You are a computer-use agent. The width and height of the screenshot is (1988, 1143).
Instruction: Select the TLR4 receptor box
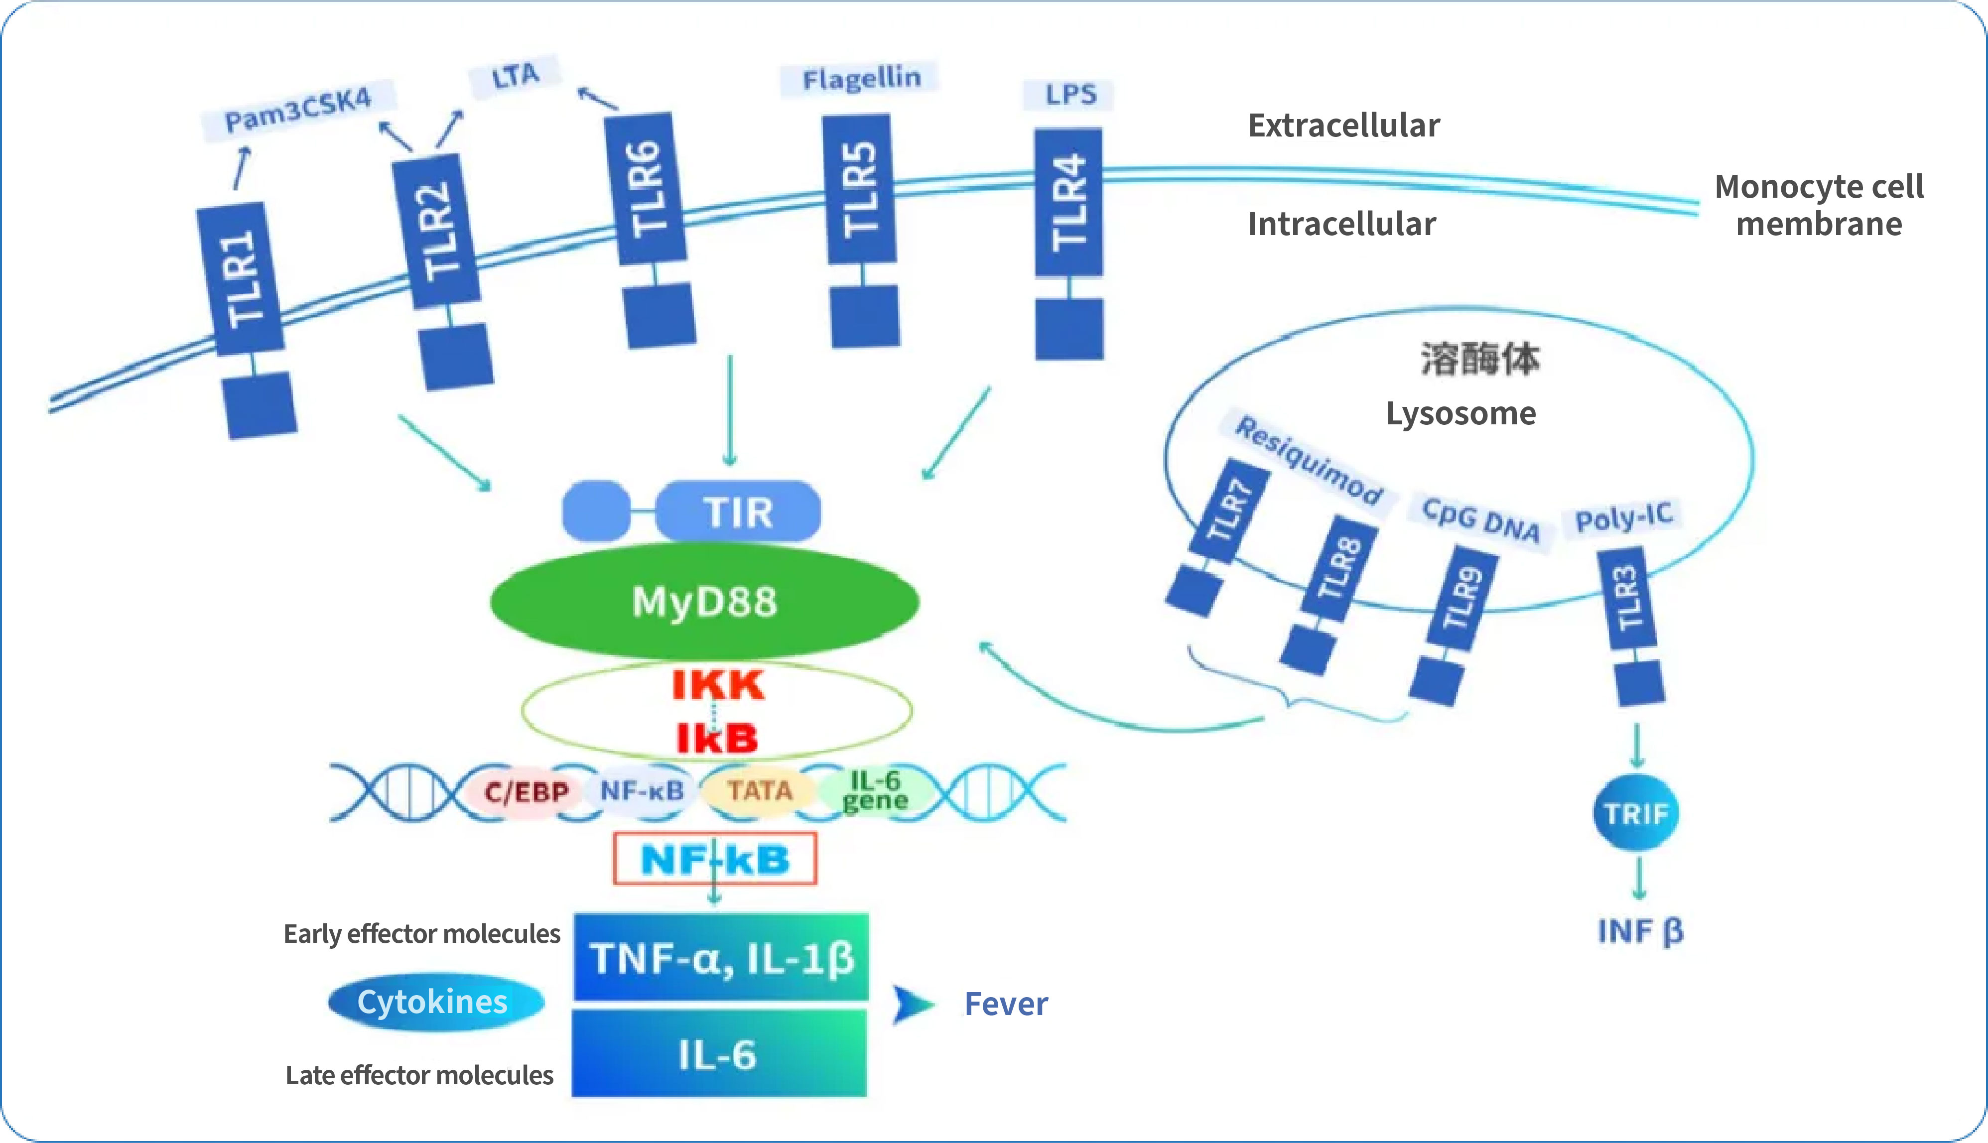tap(1068, 203)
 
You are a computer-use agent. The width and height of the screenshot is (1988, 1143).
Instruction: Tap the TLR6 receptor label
tap(646, 188)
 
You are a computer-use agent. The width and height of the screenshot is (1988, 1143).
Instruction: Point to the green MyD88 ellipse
tap(704, 601)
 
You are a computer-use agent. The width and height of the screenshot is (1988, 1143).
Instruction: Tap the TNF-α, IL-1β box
tap(721, 957)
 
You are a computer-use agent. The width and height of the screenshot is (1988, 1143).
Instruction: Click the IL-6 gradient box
tap(719, 1053)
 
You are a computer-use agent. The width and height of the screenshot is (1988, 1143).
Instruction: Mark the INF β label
tap(1641, 932)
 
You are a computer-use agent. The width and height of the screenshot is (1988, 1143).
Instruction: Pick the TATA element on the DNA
tap(759, 790)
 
